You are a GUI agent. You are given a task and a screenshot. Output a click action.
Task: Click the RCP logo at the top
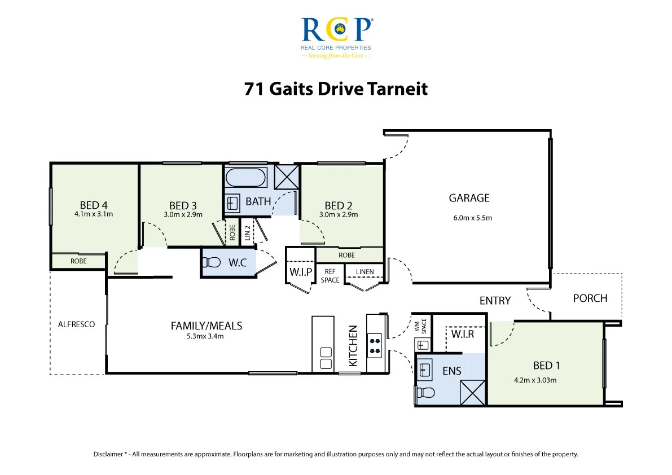pyautogui.click(x=336, y=38)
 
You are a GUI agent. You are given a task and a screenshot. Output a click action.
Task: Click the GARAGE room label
pyautogui.click(x=469, y=198)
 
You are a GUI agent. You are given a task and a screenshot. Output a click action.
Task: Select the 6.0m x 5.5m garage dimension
pyautogui.click(x=472, y=218)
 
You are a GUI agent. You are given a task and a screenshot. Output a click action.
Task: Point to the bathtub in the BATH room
pyautogui.click(x=245, y=178)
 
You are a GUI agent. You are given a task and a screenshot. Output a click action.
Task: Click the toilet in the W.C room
pyautogui.click(x=211, y=262)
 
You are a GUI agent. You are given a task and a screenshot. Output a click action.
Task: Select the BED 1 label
pyautogui.click(x=546, y=366)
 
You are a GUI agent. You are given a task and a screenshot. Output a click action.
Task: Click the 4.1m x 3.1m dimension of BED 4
pyautogui.click(x=94, y=214)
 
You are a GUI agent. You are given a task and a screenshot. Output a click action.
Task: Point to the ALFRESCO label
pyautogui.click(x=76, y=324)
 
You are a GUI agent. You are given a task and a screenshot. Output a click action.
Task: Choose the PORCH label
pyautogui.click(x=590, y=298)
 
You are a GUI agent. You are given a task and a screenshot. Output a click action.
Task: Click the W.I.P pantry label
pyautogui.click(x=300, y=272)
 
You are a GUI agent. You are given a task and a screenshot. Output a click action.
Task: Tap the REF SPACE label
pyautogui.click(x=330, y=276)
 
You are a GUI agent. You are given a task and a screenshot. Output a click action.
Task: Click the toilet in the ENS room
pyautogui.click(x=425, y=392)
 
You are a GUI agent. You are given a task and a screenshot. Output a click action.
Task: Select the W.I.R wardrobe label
pyautogui.click(x=463, y=334)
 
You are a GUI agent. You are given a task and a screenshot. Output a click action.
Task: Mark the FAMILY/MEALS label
pyautogui.click(x=206, y=326)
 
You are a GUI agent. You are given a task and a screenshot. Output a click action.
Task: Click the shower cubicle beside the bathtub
pyautogui.click(x=286, y=177)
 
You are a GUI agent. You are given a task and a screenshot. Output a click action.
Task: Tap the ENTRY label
pyautogui.click(x=495, y=301)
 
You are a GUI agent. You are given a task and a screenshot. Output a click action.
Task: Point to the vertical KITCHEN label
pyautogui.click(x=353, y=346)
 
